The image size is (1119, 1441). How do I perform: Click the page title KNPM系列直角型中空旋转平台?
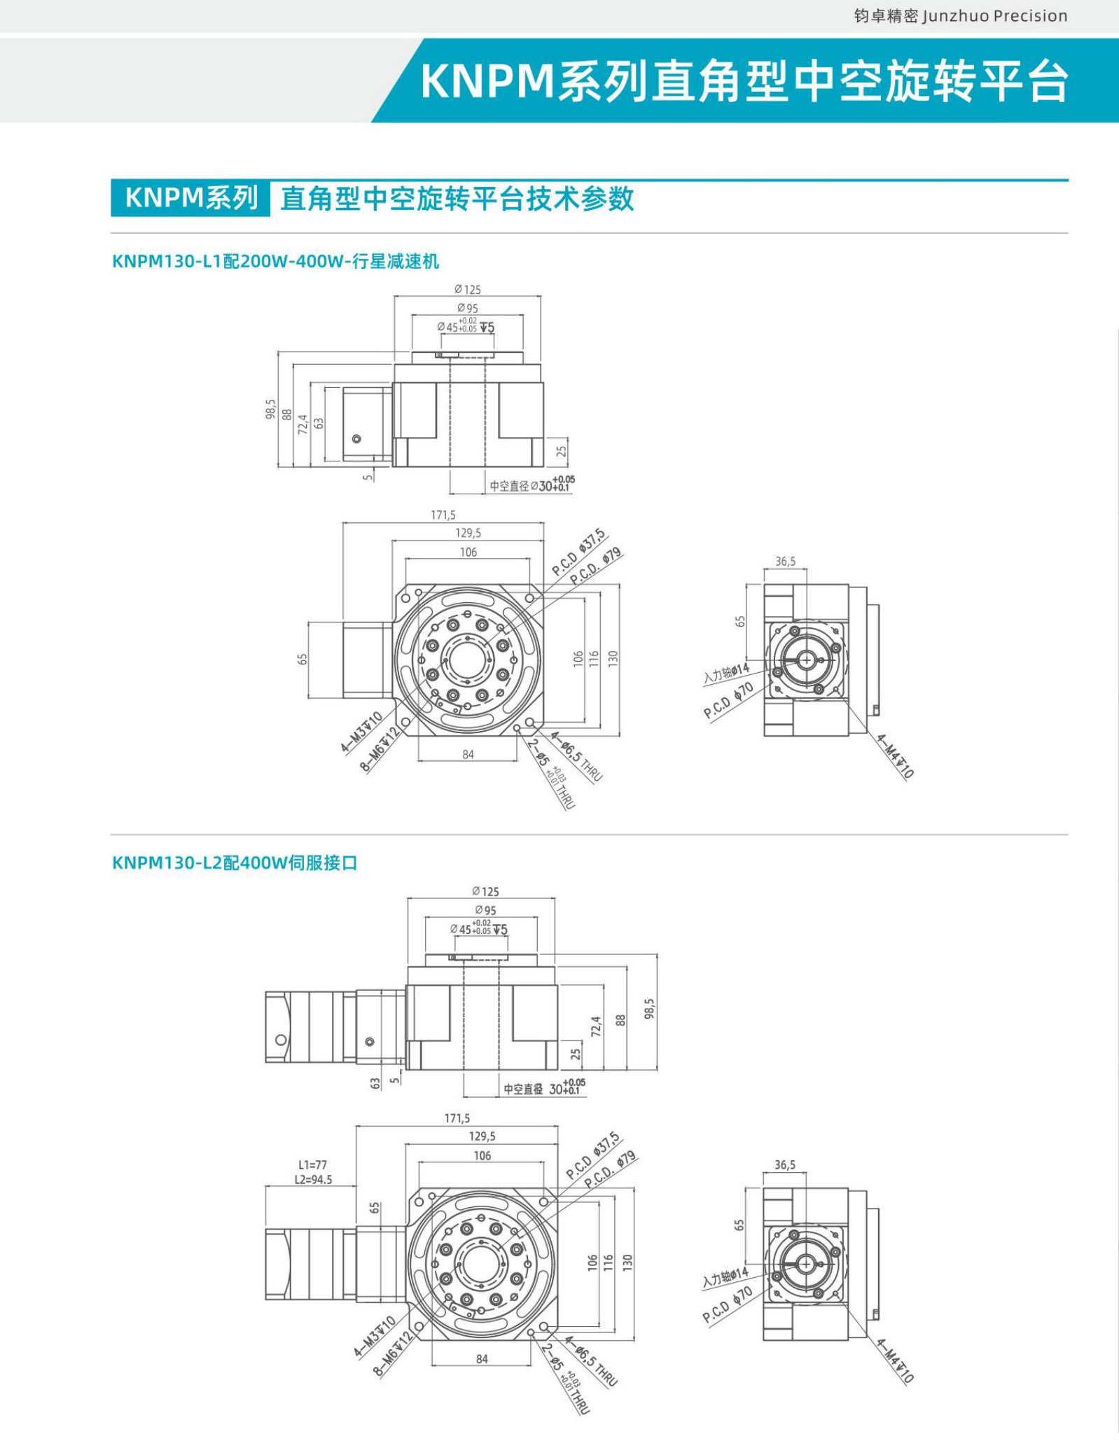pos(744,81)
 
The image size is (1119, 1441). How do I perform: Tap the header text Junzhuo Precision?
pos(994,16)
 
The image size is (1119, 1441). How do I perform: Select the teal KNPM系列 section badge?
pos(190,198)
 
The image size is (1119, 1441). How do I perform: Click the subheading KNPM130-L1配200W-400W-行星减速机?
pos(275,261)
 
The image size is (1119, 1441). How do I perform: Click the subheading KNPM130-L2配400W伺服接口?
pos(235,863)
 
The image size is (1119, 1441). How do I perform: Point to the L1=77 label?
pos(312,1165)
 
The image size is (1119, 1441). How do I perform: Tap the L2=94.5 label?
pos(313,1180)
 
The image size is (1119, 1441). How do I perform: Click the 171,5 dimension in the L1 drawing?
pos(443,515)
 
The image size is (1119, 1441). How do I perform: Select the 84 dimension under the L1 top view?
pos(468,754)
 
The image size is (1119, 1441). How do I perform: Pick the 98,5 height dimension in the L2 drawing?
pos(649,1008)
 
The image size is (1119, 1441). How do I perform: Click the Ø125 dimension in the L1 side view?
pos(467,289)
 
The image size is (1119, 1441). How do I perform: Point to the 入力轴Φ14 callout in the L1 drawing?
pos(726,673)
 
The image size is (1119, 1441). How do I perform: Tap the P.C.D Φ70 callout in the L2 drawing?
pos(728,1304)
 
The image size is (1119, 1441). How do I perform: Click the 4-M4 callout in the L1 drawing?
pos(896,757)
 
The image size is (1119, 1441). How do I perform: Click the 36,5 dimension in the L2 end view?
pos(784,1165)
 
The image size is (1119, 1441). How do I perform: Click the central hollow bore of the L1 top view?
pos(467,659)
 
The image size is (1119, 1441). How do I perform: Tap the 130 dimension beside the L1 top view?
pos(613,658)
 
